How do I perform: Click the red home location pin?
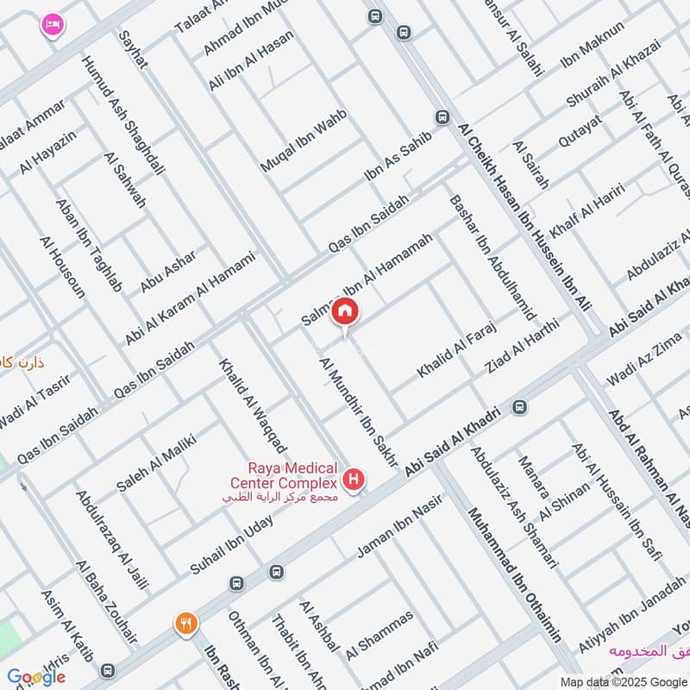coord(345,311)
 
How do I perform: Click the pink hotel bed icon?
coord(51,25)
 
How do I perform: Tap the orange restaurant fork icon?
coord(185,624)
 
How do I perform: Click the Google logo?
coord(35,677)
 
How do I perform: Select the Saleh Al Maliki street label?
coord(156,464)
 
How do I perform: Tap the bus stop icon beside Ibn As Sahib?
coord(442,117)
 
